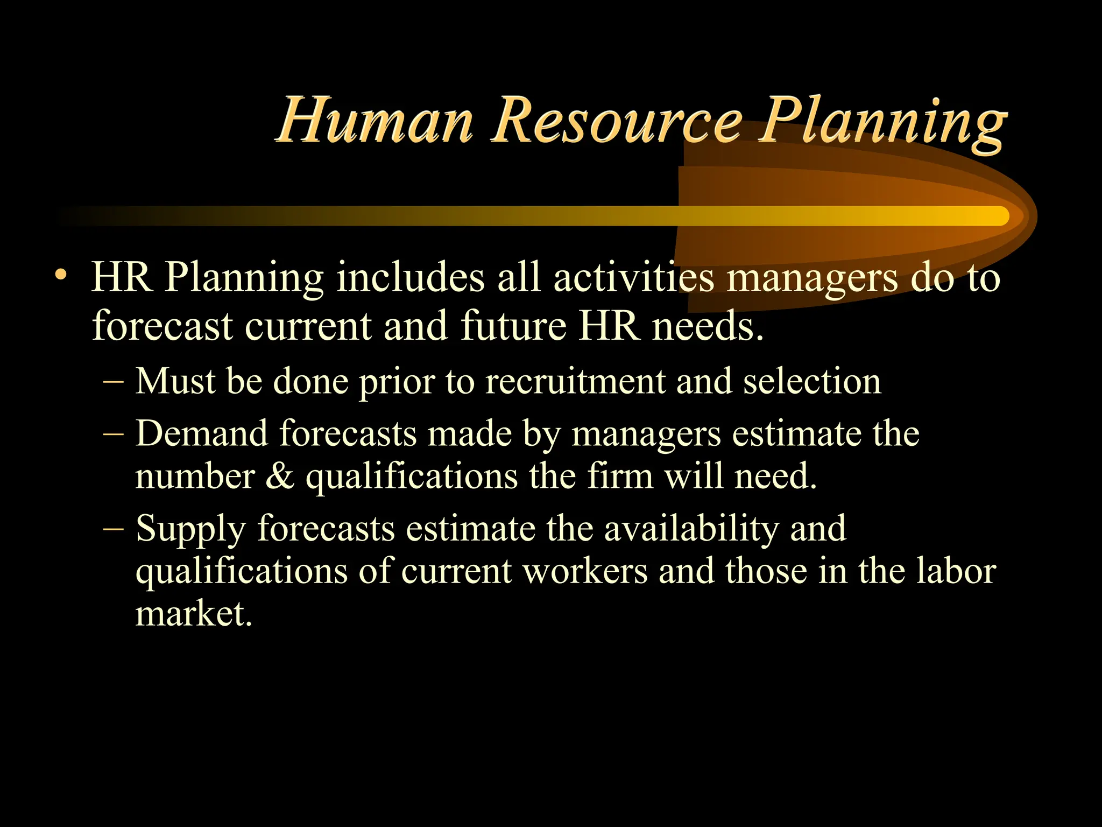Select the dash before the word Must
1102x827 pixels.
114,382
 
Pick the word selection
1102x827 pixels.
812,382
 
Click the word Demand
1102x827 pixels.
202,433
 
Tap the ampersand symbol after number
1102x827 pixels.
280,477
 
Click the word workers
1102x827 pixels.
585,571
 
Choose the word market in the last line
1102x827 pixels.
193,613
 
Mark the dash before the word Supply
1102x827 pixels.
114,529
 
